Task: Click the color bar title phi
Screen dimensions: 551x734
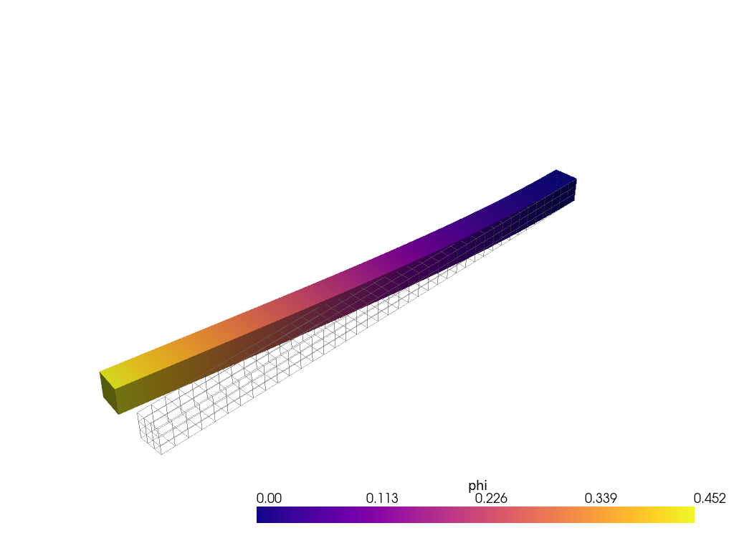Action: [477, 486]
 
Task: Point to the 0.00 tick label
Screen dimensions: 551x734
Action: [269, 499]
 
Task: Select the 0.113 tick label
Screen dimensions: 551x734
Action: [382, 499]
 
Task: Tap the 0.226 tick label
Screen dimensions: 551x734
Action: [491, 499]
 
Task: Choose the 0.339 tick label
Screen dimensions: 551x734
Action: [601, 499]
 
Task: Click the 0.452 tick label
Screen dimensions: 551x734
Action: [710, 499]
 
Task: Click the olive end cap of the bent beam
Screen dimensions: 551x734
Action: [110, 393]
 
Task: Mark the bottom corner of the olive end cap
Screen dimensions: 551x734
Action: [118, 414]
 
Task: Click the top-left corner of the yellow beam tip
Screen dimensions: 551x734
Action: [100, 372]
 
